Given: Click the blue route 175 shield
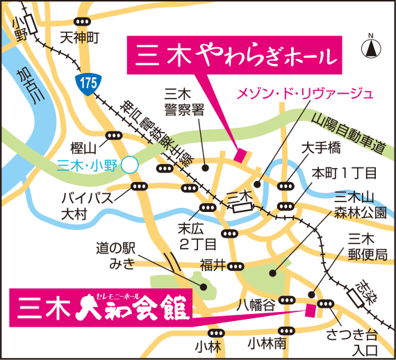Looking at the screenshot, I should pos(86,82).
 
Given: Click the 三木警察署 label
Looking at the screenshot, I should pos(183,101).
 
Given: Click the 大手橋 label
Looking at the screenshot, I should pos(321,148).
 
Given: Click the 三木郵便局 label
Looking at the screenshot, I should pos(362,246).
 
